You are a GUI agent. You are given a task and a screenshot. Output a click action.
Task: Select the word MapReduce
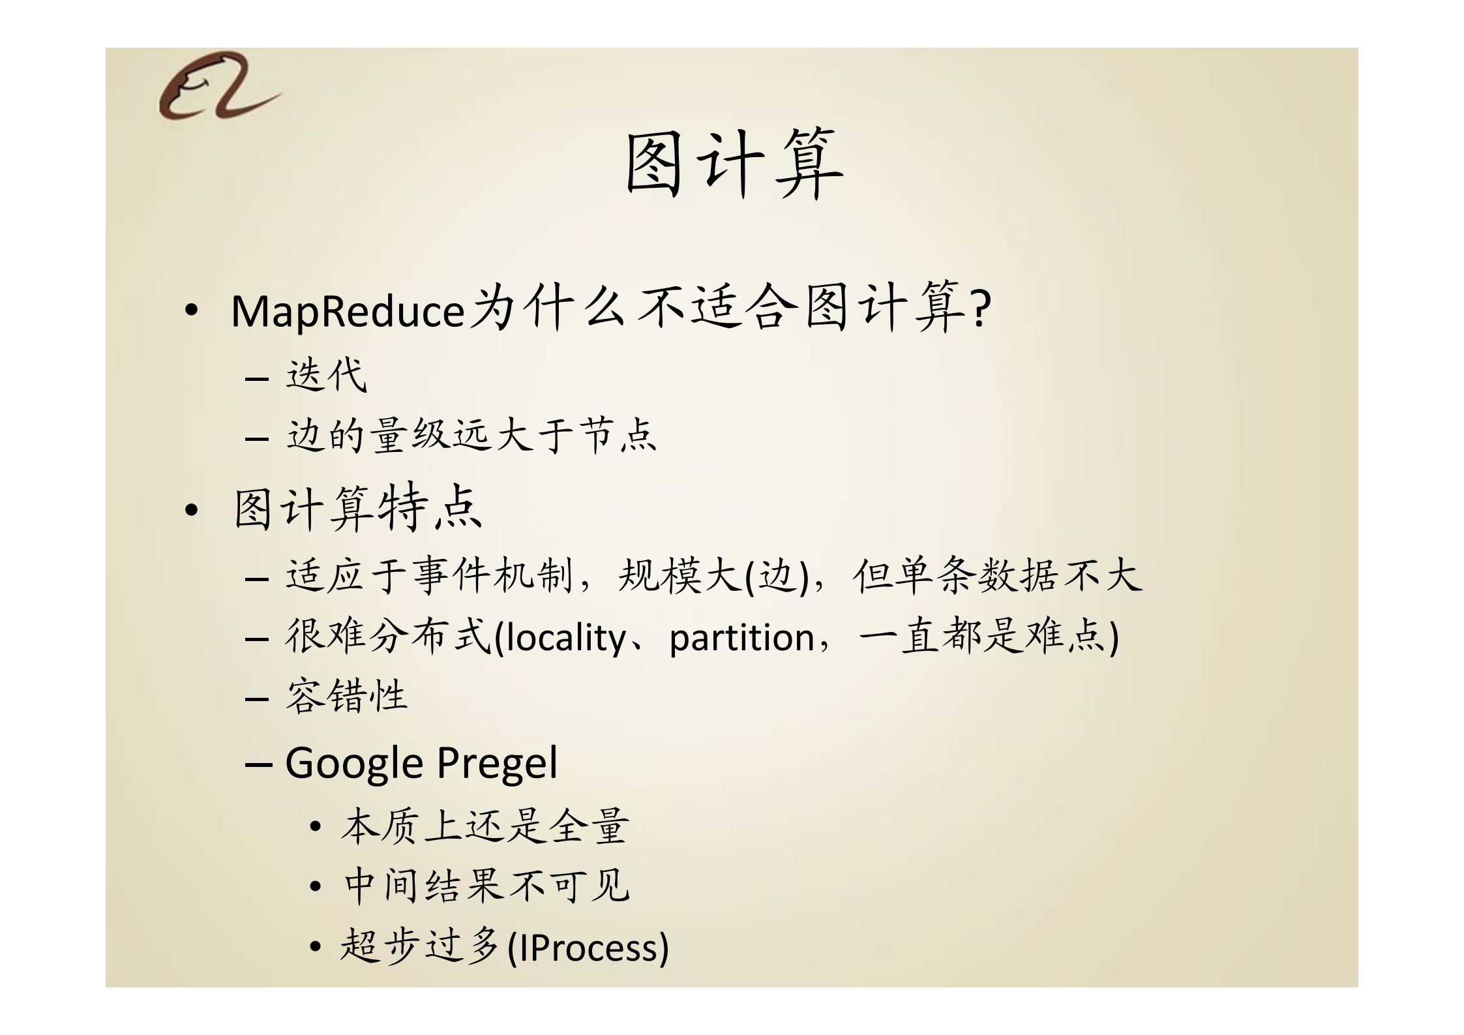348,312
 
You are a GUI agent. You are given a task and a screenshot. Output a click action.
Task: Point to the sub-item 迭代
326,376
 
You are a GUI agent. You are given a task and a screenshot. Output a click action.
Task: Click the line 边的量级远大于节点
471,436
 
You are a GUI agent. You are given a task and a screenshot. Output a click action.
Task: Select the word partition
741,637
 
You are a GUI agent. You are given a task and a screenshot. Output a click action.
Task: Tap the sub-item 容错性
346,696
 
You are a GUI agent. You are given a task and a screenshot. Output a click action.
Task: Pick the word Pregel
497,762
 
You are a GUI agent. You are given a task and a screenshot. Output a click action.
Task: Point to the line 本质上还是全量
485,826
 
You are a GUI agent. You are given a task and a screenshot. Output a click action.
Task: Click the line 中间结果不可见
486,886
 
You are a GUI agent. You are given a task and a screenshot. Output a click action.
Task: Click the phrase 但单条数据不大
997,577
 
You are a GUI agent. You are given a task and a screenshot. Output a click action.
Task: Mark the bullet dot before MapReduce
191,312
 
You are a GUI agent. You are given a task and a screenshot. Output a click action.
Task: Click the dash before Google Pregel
258,763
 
